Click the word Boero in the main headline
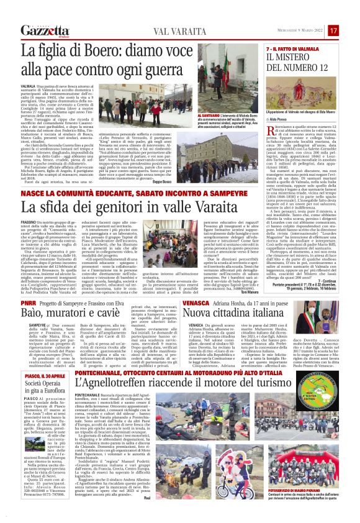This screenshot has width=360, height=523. (117, 49)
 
